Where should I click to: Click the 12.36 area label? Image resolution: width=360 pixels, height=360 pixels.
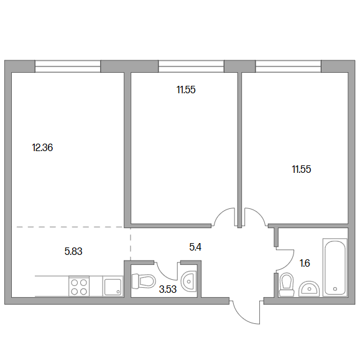42,147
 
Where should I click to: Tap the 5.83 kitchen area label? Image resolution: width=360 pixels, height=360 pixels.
73,251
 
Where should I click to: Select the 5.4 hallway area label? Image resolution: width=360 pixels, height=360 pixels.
195,247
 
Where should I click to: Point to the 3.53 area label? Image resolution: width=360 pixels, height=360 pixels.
168,289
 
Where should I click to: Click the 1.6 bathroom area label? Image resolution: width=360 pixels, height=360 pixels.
305,263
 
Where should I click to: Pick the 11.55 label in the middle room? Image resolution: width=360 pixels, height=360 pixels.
186,90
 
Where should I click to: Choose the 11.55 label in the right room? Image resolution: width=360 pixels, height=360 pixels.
302,170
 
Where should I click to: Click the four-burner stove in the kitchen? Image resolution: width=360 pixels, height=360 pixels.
79,286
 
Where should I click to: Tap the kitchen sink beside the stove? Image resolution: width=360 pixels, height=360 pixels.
113,287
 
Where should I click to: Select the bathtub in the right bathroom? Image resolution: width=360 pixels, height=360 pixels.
335,267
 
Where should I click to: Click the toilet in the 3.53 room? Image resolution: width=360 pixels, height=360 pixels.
144,281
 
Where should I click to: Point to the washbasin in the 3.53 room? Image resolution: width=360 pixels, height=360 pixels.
189,281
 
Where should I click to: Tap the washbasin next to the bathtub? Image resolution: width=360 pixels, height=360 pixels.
309,289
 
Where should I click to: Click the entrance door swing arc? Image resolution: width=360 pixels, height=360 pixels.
244,318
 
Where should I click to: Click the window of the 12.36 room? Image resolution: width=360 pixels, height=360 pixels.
68,67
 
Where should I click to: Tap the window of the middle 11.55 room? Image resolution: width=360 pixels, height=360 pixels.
191,67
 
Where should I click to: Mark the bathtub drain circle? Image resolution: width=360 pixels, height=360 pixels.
335,289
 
